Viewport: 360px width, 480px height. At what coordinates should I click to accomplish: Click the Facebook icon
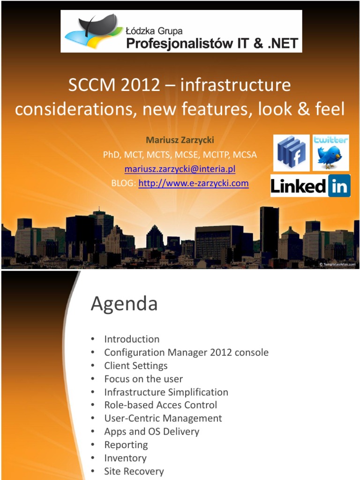click(x=291, y=153)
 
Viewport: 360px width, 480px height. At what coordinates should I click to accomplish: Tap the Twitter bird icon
click(x=331, y=153)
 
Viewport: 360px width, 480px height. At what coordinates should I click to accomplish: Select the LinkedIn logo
click(x=310, y=186)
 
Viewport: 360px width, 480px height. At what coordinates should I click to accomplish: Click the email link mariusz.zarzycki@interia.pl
click(x=180, y=169)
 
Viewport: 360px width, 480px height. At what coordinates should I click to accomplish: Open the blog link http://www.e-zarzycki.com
click(x=194, y=183)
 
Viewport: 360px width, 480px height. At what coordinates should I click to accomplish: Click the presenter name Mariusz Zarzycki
click(x=180, y=140)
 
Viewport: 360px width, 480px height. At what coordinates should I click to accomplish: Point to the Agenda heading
click(x=124, y=304)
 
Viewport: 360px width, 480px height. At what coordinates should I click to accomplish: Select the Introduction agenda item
click(x=132, y=339)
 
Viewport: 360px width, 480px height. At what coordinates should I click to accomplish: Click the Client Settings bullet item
click(x=135, y=366)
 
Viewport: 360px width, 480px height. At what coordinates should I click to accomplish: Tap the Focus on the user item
click(x=143, y=379)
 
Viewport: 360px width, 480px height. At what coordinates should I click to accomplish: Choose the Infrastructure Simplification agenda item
click(x=166, y=392)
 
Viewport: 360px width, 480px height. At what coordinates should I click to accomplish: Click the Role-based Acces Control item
click(x=160, y=405)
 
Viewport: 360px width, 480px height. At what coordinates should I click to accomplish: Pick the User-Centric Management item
click(x=163, y=418)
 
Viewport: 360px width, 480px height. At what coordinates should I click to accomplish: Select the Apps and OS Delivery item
click(x=151, y=431)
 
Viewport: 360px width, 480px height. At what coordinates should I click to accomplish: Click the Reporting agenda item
click(x=126, y=445)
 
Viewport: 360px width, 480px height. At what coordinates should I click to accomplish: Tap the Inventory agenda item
click(x=125, y=458)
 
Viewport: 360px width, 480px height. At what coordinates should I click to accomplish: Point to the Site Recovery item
click(x=134, y=471)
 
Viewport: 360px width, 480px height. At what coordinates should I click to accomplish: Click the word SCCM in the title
click(x=90, y=85)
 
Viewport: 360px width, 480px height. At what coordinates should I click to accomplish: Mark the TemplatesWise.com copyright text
click(x=337, y=264)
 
